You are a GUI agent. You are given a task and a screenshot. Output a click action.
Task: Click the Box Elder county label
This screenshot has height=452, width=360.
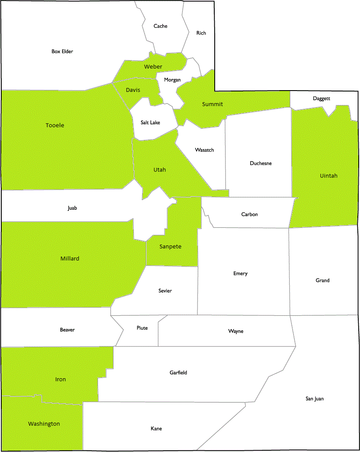click(62, 51)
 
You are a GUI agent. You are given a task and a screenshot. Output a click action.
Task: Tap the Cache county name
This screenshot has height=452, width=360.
click(160, 26)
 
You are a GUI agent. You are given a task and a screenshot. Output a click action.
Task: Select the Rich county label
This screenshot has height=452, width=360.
click(201, 33)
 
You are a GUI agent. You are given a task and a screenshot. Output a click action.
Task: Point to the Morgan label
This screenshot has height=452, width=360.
click(172, 80)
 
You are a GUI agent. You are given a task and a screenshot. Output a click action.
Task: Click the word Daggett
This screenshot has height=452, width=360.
click(322, 99)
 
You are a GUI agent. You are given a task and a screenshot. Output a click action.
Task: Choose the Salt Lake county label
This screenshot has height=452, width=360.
click(150, 122)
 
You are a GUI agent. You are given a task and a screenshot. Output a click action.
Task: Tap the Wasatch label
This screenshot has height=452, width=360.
click(204, 150)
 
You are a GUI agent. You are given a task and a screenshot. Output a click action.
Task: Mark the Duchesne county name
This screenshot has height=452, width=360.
click(261, 163)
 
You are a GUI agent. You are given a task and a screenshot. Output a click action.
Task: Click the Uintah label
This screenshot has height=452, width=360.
click(329, 176)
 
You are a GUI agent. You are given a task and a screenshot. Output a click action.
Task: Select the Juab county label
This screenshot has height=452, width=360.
click(72, 208)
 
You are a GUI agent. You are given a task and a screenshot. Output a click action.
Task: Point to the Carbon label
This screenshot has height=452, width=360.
click(250, 214)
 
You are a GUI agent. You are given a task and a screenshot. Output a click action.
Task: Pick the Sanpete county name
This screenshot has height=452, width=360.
click(170, 247)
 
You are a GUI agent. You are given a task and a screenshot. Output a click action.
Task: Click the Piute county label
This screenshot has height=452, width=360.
click(142, 328)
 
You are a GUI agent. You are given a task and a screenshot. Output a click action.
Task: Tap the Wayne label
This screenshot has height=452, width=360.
click(236, 331)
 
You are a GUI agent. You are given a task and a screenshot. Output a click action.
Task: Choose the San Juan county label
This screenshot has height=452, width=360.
click(314, 399)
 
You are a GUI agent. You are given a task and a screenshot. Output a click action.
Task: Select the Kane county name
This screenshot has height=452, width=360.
click(156, 429)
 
